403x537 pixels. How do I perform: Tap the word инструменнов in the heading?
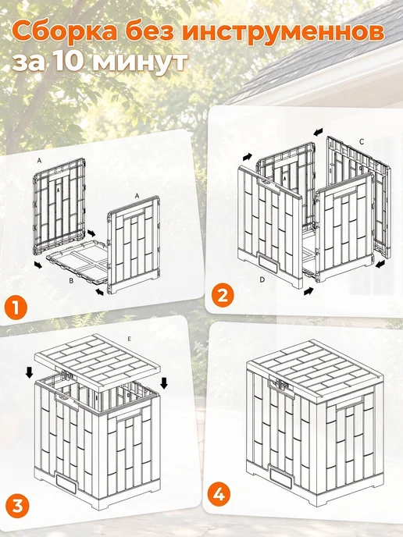tap(283, 34)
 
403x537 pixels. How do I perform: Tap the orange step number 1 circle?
tap(16, 308)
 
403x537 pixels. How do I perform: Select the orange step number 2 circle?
tap(223, 296)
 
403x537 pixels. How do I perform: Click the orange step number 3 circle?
tap(17, 506)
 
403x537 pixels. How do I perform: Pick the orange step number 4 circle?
tap(219, 495)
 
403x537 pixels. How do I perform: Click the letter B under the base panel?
tap(71, 281)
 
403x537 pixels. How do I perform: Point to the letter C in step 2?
tap(362, 141)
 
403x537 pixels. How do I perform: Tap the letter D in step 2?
tap(262, 279)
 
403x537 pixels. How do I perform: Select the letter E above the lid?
tap(129, 339)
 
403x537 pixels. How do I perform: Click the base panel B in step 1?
tap(78, 261)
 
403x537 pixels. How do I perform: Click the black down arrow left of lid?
tap(30, 372)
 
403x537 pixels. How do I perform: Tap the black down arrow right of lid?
tap(164, 383)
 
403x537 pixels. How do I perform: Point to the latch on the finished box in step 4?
tap(280, 382)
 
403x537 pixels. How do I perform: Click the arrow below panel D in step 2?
tap(308, 291)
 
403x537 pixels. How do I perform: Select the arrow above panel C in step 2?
tap(319, 131)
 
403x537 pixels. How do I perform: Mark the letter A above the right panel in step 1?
tap(137, 196)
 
